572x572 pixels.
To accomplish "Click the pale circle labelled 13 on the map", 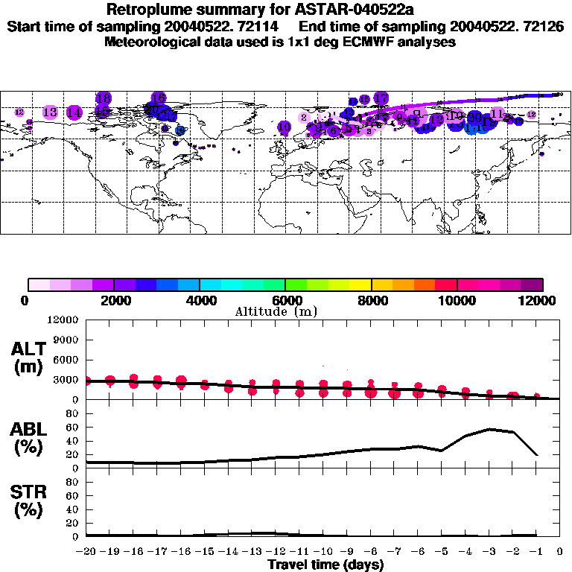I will pyautogui.click(x=50, y=112).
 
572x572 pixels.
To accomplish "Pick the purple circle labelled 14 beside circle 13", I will pyautogui.click(x=74, y=113).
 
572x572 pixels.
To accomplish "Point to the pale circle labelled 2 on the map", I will pyautogui.click(x=304, y=118).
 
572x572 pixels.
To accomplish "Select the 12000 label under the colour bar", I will pyautogui.click(x=538, y=301).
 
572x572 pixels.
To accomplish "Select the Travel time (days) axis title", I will pyautogui.click(x=325, y=565).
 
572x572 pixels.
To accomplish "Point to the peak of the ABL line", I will pyautogui.click(x=490, y=429).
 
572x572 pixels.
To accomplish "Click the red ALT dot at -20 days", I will pyautogui.click(x=87, y=381).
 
